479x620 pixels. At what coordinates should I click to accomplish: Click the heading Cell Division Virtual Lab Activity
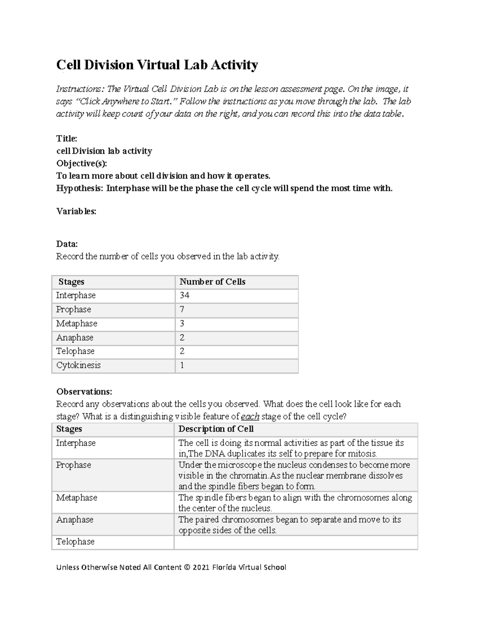[157, 65]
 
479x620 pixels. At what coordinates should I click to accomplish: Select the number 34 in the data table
[184, 295]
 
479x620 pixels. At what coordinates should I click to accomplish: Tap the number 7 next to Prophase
[182, 309]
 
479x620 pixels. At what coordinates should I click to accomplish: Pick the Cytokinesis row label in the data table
[78, 365]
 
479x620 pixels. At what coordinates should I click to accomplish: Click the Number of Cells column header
[212, 282]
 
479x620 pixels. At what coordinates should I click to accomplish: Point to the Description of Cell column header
[216, 429]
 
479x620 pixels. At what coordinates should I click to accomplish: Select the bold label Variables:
[76, 212]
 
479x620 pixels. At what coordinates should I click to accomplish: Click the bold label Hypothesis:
[79, 188]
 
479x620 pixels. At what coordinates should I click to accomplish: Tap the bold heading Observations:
[84, 392]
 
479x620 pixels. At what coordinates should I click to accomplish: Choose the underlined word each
[250, 417]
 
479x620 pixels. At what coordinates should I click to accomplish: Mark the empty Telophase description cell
[296, 542]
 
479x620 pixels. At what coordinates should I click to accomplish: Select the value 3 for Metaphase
[182, 323]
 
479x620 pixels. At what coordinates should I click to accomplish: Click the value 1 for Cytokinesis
[182, 365]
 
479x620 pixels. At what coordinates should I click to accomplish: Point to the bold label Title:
[67, 139]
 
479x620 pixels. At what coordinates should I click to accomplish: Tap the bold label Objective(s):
[81, 164]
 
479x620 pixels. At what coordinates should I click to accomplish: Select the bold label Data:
[67, 244]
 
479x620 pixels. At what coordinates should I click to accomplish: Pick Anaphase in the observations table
[75, 520]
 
